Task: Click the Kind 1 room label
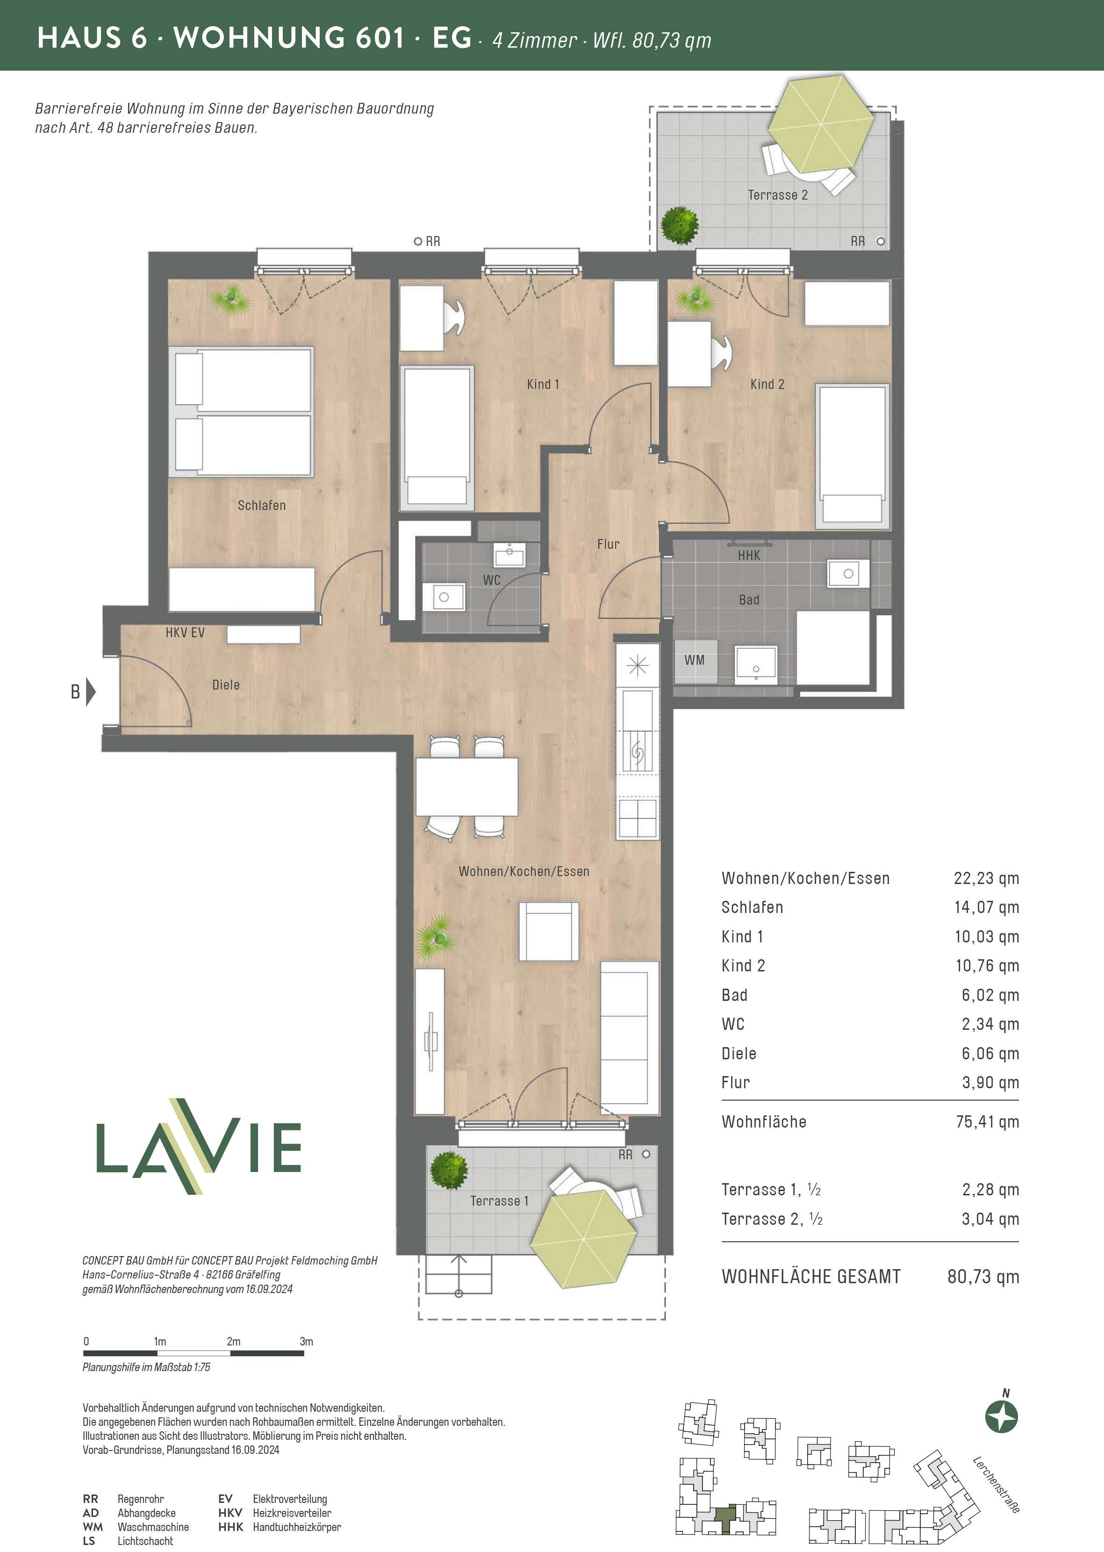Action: [543, 384]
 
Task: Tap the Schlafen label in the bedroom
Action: [262, 505]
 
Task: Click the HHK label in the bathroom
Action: [749, 555]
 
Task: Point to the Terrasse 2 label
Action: [778, 195]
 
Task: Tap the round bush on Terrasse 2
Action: [680, 224]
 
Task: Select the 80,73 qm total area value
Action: [983, 1277]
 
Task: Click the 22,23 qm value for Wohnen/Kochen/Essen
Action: [986, 878]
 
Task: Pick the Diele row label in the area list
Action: [739, 1054]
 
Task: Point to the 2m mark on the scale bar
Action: [234, 1341]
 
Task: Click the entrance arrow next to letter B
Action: [91, 692]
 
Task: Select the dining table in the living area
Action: [467, 787]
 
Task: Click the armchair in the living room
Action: [549, 931]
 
